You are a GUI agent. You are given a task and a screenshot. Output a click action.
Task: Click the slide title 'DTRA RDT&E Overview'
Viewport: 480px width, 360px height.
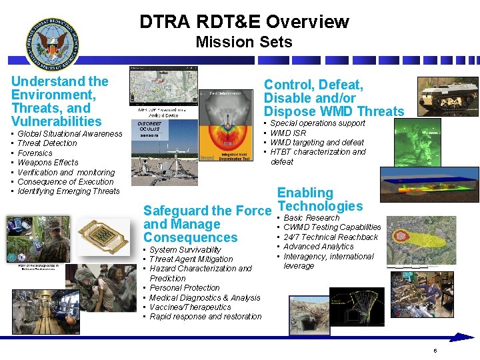(244, 21)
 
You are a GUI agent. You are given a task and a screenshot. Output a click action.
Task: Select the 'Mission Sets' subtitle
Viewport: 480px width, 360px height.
(244, 43)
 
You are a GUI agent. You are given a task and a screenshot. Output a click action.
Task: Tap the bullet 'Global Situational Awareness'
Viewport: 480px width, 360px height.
(69, 134)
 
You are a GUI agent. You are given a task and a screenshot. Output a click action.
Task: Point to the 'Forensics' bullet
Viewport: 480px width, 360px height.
(35, 153)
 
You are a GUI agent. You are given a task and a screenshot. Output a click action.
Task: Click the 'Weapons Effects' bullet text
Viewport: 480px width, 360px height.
(47, 163)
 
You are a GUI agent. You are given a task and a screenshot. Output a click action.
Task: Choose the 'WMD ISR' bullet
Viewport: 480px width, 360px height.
(288, 133)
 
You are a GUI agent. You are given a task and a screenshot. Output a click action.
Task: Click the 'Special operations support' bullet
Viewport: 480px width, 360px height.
(317, 123)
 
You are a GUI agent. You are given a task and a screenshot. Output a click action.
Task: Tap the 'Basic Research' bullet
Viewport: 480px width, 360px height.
(311, 218)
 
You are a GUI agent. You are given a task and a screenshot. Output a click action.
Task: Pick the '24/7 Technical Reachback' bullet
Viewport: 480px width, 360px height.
(330, 237)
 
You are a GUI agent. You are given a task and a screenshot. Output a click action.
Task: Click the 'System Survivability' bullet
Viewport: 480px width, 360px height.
(185, 250)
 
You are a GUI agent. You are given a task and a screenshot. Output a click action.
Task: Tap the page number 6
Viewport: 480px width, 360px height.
(435, 351)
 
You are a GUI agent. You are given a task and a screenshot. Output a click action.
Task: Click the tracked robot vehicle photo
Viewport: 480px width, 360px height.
(447, 97)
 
